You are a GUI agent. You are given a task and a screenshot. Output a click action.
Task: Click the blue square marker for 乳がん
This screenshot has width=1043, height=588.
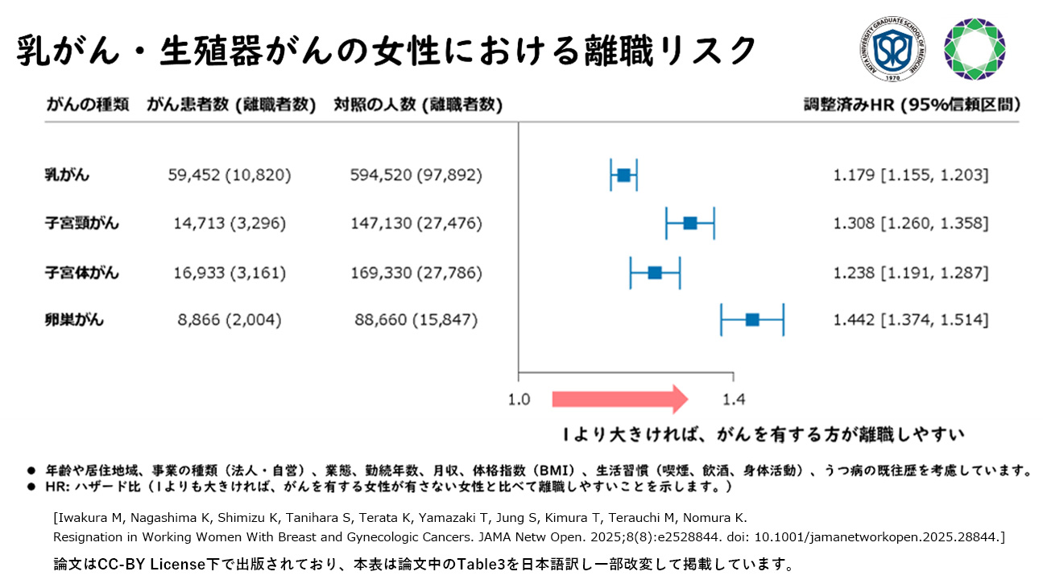point(623,175)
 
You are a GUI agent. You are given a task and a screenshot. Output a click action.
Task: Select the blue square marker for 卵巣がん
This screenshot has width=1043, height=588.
point(752,320)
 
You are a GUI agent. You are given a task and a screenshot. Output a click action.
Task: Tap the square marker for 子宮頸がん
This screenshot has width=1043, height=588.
point(690,223)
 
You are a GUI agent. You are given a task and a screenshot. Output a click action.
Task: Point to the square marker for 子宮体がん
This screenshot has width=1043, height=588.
point(655,272)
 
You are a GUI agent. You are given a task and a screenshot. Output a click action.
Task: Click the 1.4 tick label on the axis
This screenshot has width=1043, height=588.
point(733,399)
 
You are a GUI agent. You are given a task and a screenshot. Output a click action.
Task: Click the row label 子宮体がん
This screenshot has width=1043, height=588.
point(81,272)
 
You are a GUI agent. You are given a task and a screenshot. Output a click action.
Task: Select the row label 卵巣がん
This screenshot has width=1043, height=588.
point(74,320)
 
